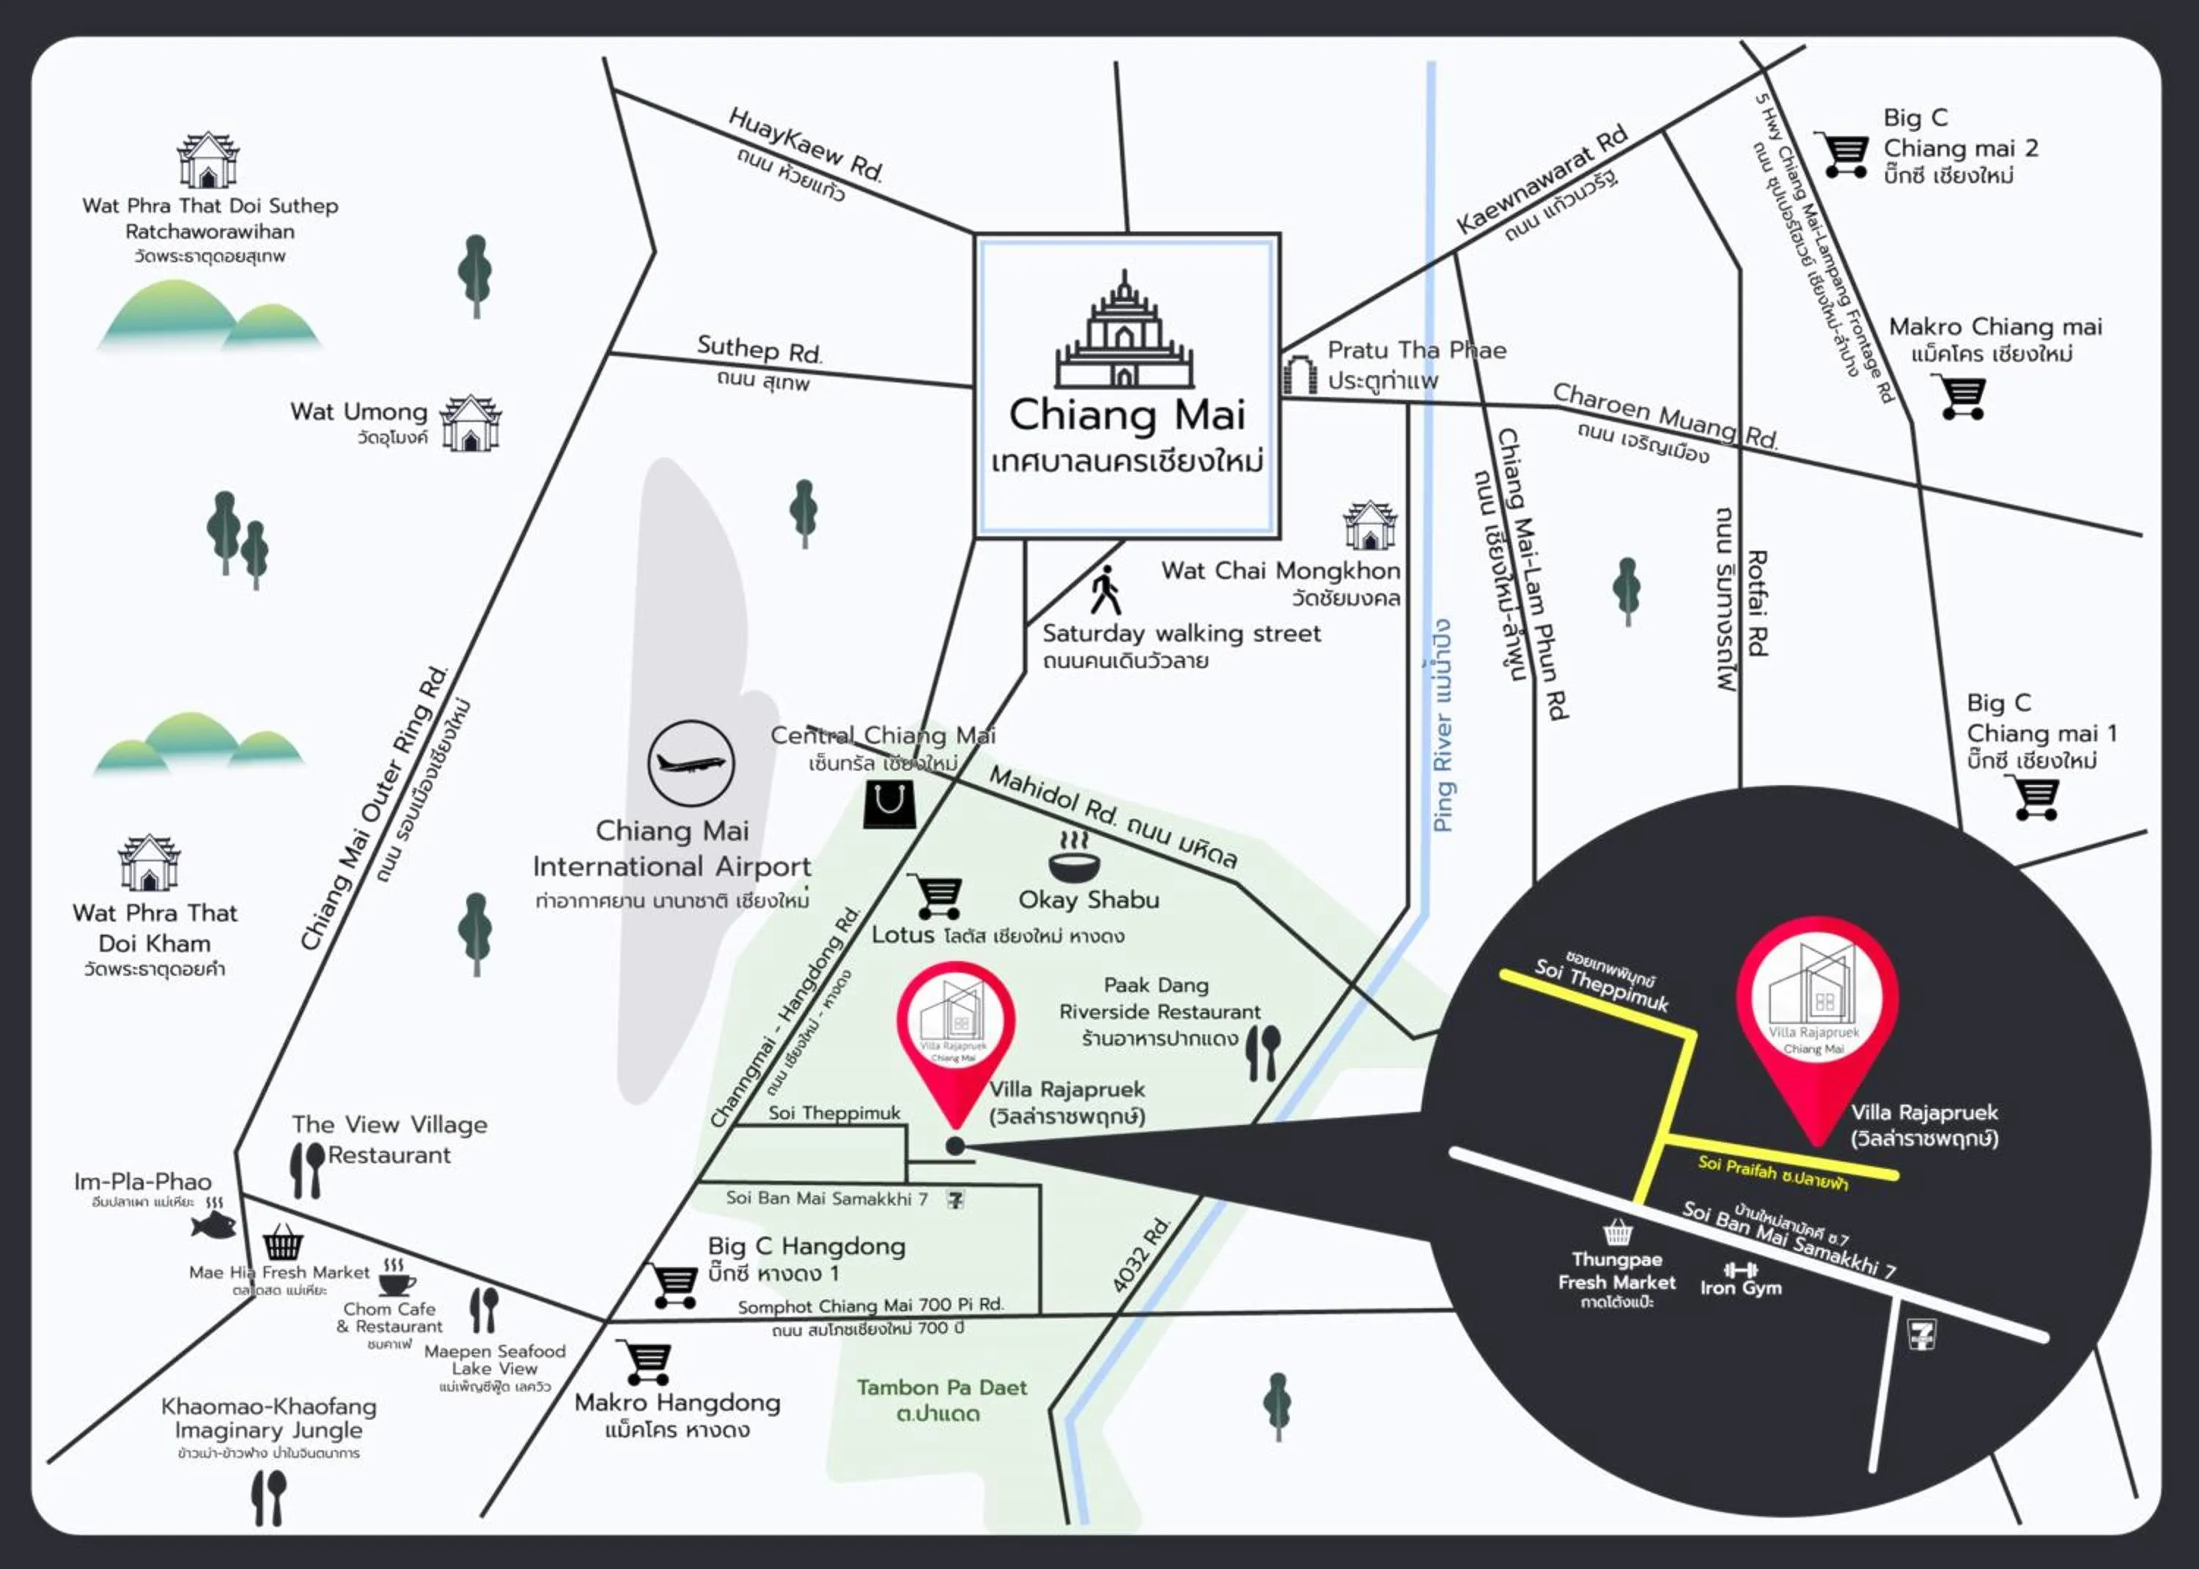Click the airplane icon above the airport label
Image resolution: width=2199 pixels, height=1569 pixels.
pyautogui.click(x=690, y=763)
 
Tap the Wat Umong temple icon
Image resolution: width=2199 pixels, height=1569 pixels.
pyautogui.click(x=471, y=423)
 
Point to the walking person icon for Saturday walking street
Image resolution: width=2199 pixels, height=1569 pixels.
pyautogui.click(x=1105, y=590)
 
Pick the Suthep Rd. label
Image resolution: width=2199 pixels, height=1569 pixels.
pyautogui.click(x=759, y=349)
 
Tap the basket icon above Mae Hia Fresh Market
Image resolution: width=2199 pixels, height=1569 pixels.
pyautogui.click(x=282, y=1242)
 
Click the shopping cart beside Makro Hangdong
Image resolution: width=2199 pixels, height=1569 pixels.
pyautogui.click(x=646, y=1363)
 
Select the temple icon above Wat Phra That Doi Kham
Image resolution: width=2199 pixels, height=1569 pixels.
pyautogui.click(x=149, y=862)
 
